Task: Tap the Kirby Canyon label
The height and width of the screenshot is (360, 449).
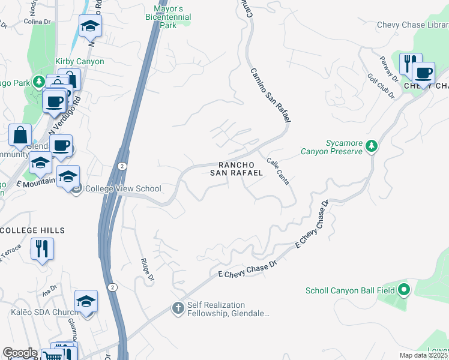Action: point(80,61)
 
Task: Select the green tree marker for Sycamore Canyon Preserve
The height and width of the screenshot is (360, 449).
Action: point(372,145)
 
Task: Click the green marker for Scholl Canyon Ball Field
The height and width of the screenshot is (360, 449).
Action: point(404,290)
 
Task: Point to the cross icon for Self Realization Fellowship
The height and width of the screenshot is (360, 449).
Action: point(178,308)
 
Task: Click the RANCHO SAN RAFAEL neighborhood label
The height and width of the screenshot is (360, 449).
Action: point(237,169)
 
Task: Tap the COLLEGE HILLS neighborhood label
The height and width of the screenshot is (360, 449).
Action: point(32,230)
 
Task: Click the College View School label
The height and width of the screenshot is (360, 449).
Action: point(123,188)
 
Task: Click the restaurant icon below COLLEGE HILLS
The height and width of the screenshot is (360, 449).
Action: point(42,248)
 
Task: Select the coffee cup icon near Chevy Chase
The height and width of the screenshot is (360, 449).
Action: point(424,73)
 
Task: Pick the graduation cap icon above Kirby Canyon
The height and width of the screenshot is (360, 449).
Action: point(90,26)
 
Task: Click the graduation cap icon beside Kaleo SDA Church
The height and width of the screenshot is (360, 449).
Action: point(86,301)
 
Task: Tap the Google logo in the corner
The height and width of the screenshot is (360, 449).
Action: point(20,353)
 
